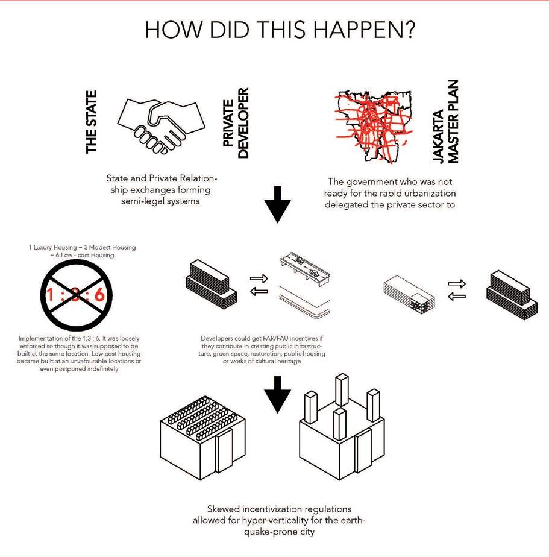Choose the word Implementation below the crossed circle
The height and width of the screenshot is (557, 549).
point(37,338)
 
